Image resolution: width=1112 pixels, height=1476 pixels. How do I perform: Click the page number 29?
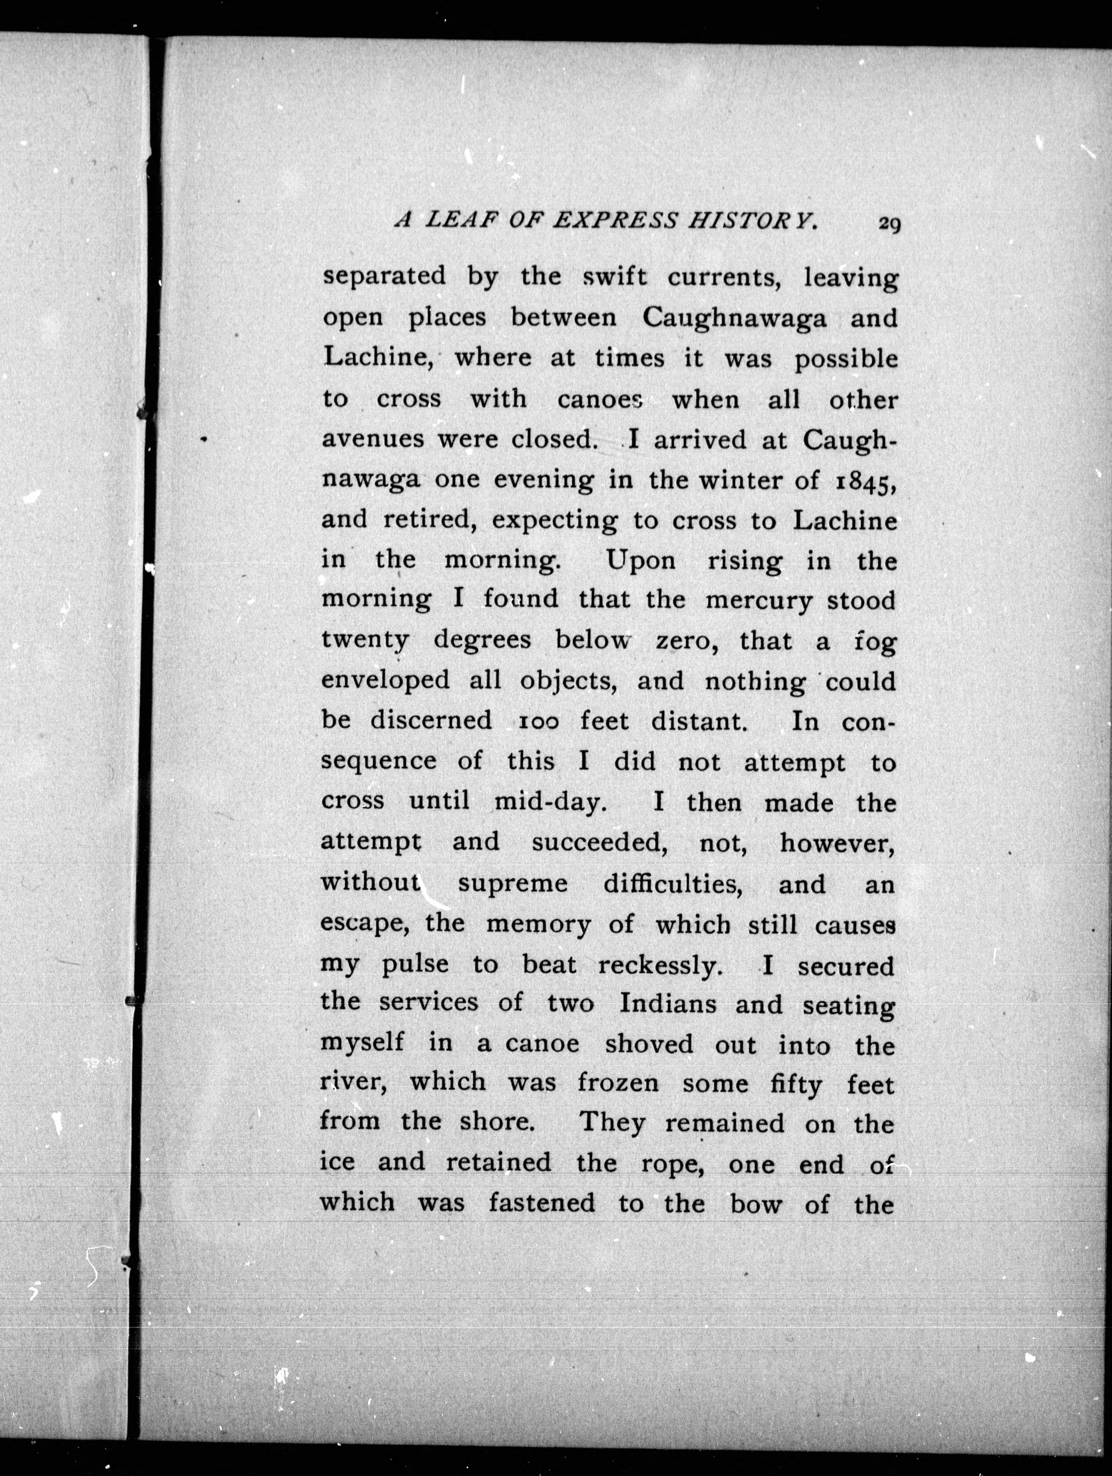point(889,224)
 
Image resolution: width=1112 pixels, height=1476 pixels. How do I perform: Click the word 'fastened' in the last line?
point(542,1203)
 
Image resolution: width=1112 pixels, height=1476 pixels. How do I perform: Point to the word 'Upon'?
point(640,561)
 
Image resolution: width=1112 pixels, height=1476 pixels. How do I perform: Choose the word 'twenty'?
point(365,641)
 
